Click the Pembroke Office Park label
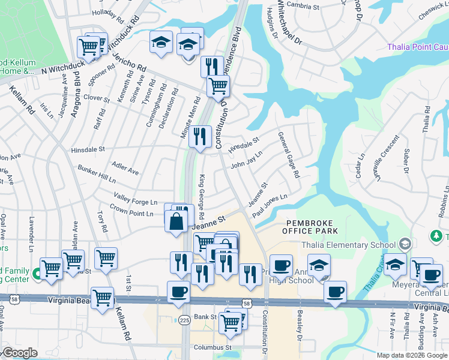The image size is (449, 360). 312,226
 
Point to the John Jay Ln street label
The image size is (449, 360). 247,163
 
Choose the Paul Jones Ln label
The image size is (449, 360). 270,206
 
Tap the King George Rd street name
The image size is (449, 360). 202,197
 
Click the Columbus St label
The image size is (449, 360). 212,347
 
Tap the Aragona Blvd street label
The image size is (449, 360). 76,95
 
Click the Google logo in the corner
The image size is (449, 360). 20,353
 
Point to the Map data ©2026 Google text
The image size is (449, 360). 412,355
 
